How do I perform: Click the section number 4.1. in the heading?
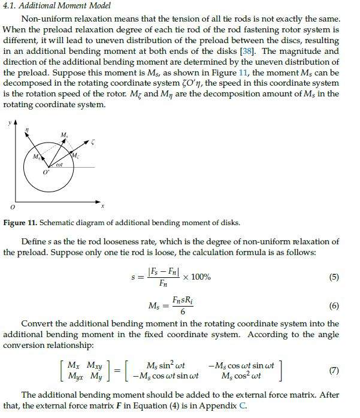(11, 6)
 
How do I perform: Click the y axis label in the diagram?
(10, 123)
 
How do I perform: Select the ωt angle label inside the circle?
(59, 163)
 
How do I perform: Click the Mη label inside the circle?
(37, 156)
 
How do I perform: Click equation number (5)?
(334, 277)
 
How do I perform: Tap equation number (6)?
(334, 305)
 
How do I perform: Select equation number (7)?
(334, 370)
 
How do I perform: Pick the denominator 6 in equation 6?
(182, 312)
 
